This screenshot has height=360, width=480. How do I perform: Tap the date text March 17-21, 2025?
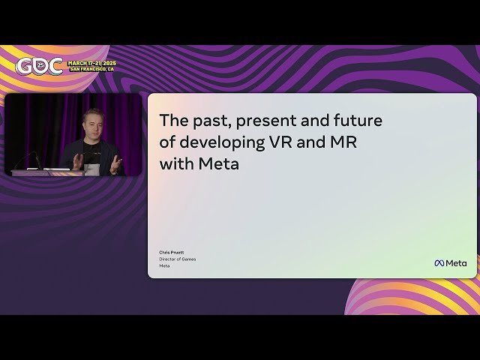point(91,62)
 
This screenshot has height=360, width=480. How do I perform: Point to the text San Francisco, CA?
point(91,69)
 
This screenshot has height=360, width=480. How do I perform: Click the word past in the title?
point(206,120)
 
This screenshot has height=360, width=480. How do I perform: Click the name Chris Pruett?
point(171,253)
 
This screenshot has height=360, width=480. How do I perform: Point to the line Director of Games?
point(177,259)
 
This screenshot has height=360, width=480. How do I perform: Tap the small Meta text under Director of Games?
point(163,265)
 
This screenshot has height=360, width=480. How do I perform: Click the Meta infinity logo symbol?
point(439,263)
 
